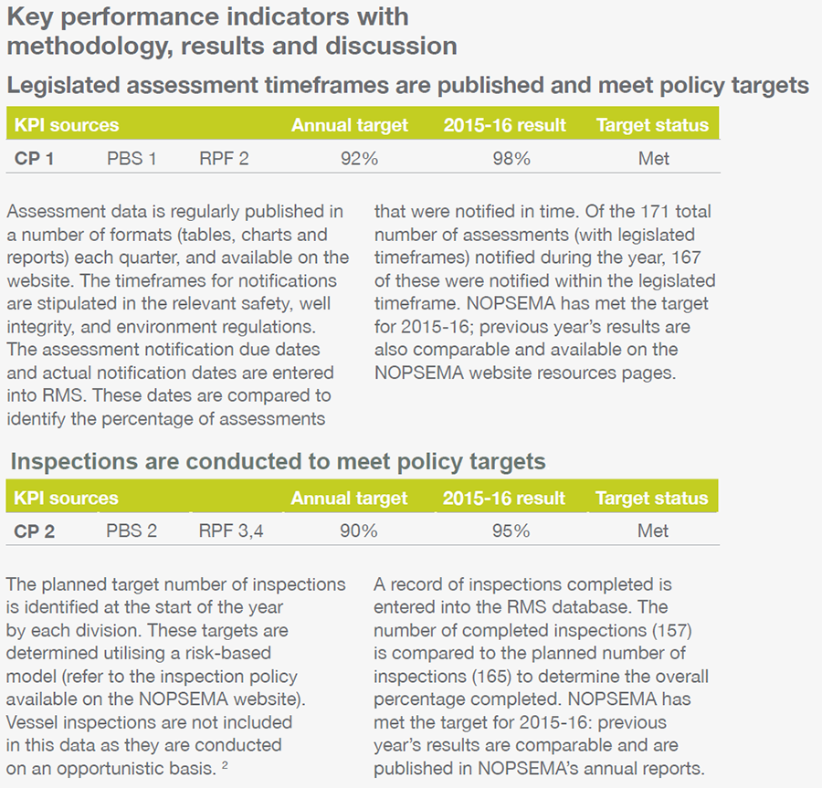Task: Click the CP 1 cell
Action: click(x=34, y=158)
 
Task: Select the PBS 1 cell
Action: click(x=132, y=158)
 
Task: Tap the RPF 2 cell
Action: click(x=224, y=158)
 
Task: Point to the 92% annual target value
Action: click(x=359, y=158)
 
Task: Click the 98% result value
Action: click(x=511, y=158)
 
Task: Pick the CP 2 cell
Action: click(x=34, y=531)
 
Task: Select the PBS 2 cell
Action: click(x=132, y=531)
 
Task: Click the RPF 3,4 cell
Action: click(x=231, y=531)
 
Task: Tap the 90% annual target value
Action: click(x=359, y=531)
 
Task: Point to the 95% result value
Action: click(x=511, y=531)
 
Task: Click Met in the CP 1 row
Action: click(x=653, y=158)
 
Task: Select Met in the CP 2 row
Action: click(x=653, y=531)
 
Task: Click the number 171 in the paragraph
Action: click(x=655, y=211)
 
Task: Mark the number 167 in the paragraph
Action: click(x=686, y=257)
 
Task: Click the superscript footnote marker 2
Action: click(x=225, y=765)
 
